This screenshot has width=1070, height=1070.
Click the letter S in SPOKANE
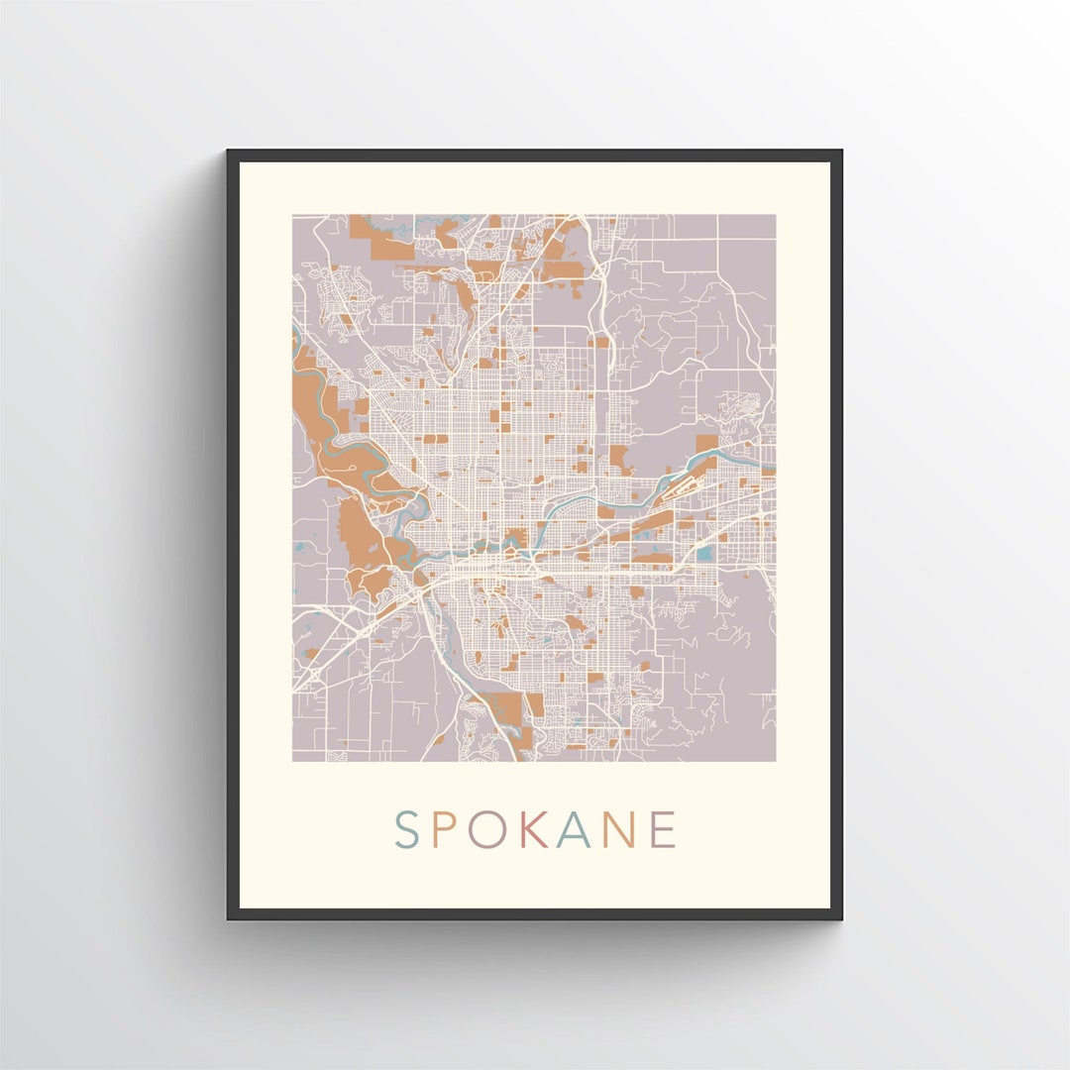coord(407,830)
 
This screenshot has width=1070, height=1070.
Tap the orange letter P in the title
coord(443,830)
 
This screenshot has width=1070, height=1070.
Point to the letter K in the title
coord(532,830)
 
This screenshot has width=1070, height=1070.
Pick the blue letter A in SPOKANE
coord(574,830)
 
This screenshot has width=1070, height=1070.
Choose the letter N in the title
coord(619,830)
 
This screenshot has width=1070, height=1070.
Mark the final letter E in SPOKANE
coord(664,830)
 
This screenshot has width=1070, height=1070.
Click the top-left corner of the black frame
coord(229,152)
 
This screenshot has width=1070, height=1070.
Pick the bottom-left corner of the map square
coord(293,761)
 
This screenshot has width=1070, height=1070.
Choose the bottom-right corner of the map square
coord(775,761)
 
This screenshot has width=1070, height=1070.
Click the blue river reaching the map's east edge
coord(753,457)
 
